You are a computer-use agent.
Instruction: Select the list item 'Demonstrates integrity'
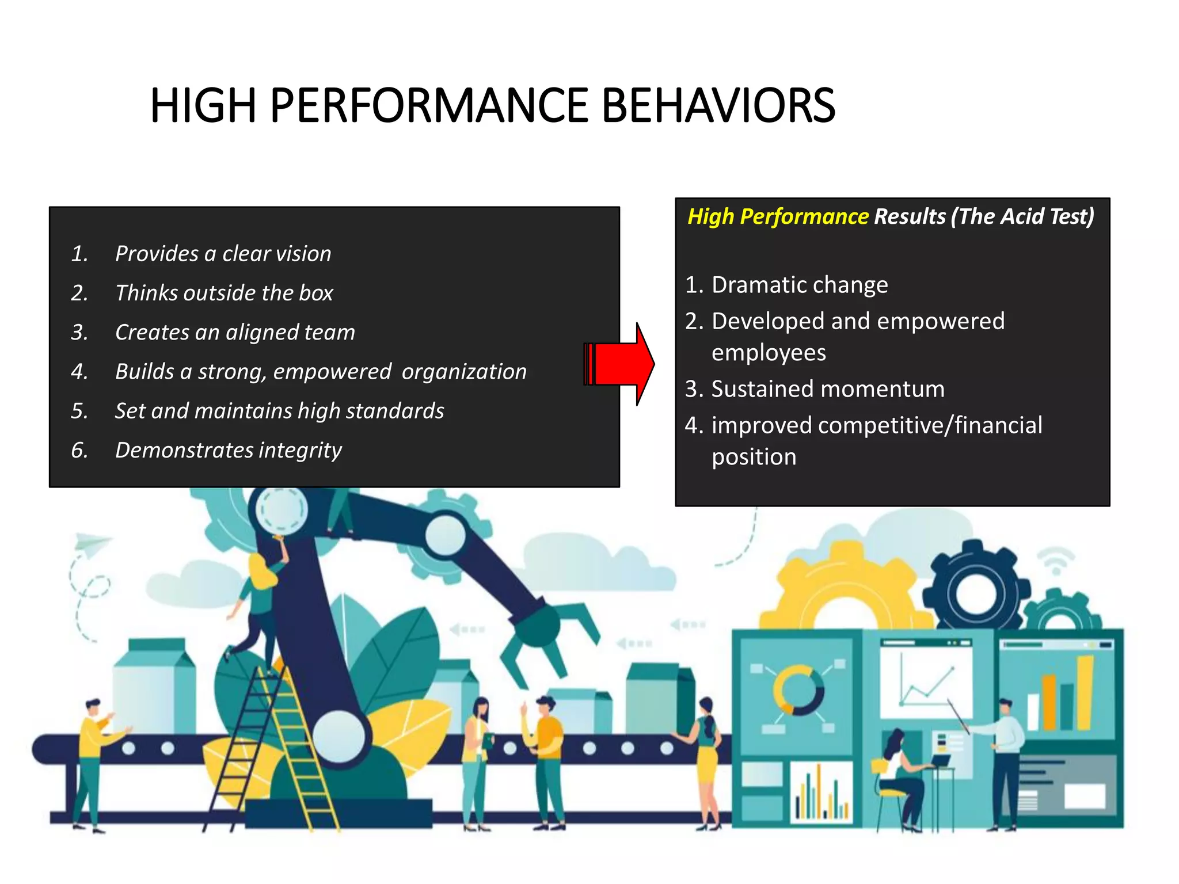pyautogui.click(x=228, y=450)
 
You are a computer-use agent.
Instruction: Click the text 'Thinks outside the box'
pyautogui.click(x=224, y=293)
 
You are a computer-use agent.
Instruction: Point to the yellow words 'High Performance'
pyautogui.click(x=778, y=216)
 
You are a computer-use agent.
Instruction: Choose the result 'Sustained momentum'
pyautogui.click(x=828, y=389)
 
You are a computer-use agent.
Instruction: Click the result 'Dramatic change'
pyautogui.click(x=800, y=285)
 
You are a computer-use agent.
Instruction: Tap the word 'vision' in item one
pyautogui.click(x=304, y=254)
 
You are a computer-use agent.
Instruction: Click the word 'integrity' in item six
pyautogui.click(x=300, y=450)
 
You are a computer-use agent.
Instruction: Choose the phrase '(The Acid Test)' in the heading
pyautogui.click(x=1022, y=216)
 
